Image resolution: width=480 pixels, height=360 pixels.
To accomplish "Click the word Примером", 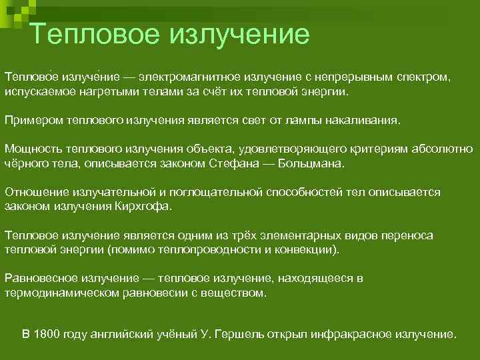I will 31,120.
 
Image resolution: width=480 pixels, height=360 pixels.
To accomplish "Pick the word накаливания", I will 366,120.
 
